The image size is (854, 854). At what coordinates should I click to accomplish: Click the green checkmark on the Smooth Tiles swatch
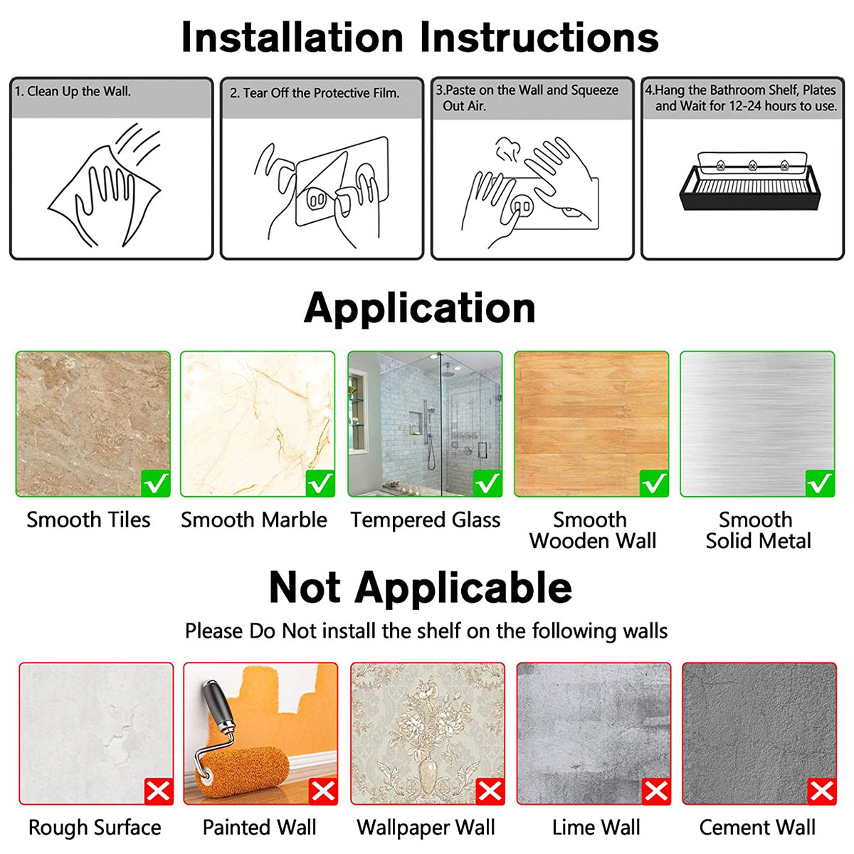pyautogui.click(x=156, y=483)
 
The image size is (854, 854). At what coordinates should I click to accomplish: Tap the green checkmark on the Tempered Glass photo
pyautogui.click(x=487, y=483)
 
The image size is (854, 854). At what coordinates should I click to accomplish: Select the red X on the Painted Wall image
pyautogui.click(x=324, y=791)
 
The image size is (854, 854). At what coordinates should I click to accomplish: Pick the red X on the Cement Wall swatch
pyautogui.click(x=822, y=791)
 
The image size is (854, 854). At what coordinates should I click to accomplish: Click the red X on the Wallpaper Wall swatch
pyautogui.click(x=490, y=791)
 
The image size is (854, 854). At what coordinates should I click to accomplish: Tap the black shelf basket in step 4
pyautogui.click(x=750, y=187)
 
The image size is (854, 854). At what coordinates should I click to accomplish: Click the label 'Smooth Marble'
pyautogui.click(x=254, y=520)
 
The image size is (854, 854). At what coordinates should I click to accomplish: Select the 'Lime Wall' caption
pyautogui.click(x=596, y=827)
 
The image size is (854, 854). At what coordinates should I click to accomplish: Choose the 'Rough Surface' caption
pyautogui.click(x=95, y=828)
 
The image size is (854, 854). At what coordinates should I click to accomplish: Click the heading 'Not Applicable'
pyautogui.click(x=421, y=587)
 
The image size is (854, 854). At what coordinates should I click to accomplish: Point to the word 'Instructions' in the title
pyautogui.click(x=539, y=38)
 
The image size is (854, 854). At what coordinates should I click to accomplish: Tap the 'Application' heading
pyautogui.click(x=420, y=309)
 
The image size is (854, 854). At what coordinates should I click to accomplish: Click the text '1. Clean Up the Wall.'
pyautogui.click(x=73, y=91)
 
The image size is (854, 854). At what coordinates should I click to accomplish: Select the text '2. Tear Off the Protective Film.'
pyautogui.click(x=315, y=93)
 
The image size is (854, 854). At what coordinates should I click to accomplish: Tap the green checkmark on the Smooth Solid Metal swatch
pyautogui.click(x=820, y=483)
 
